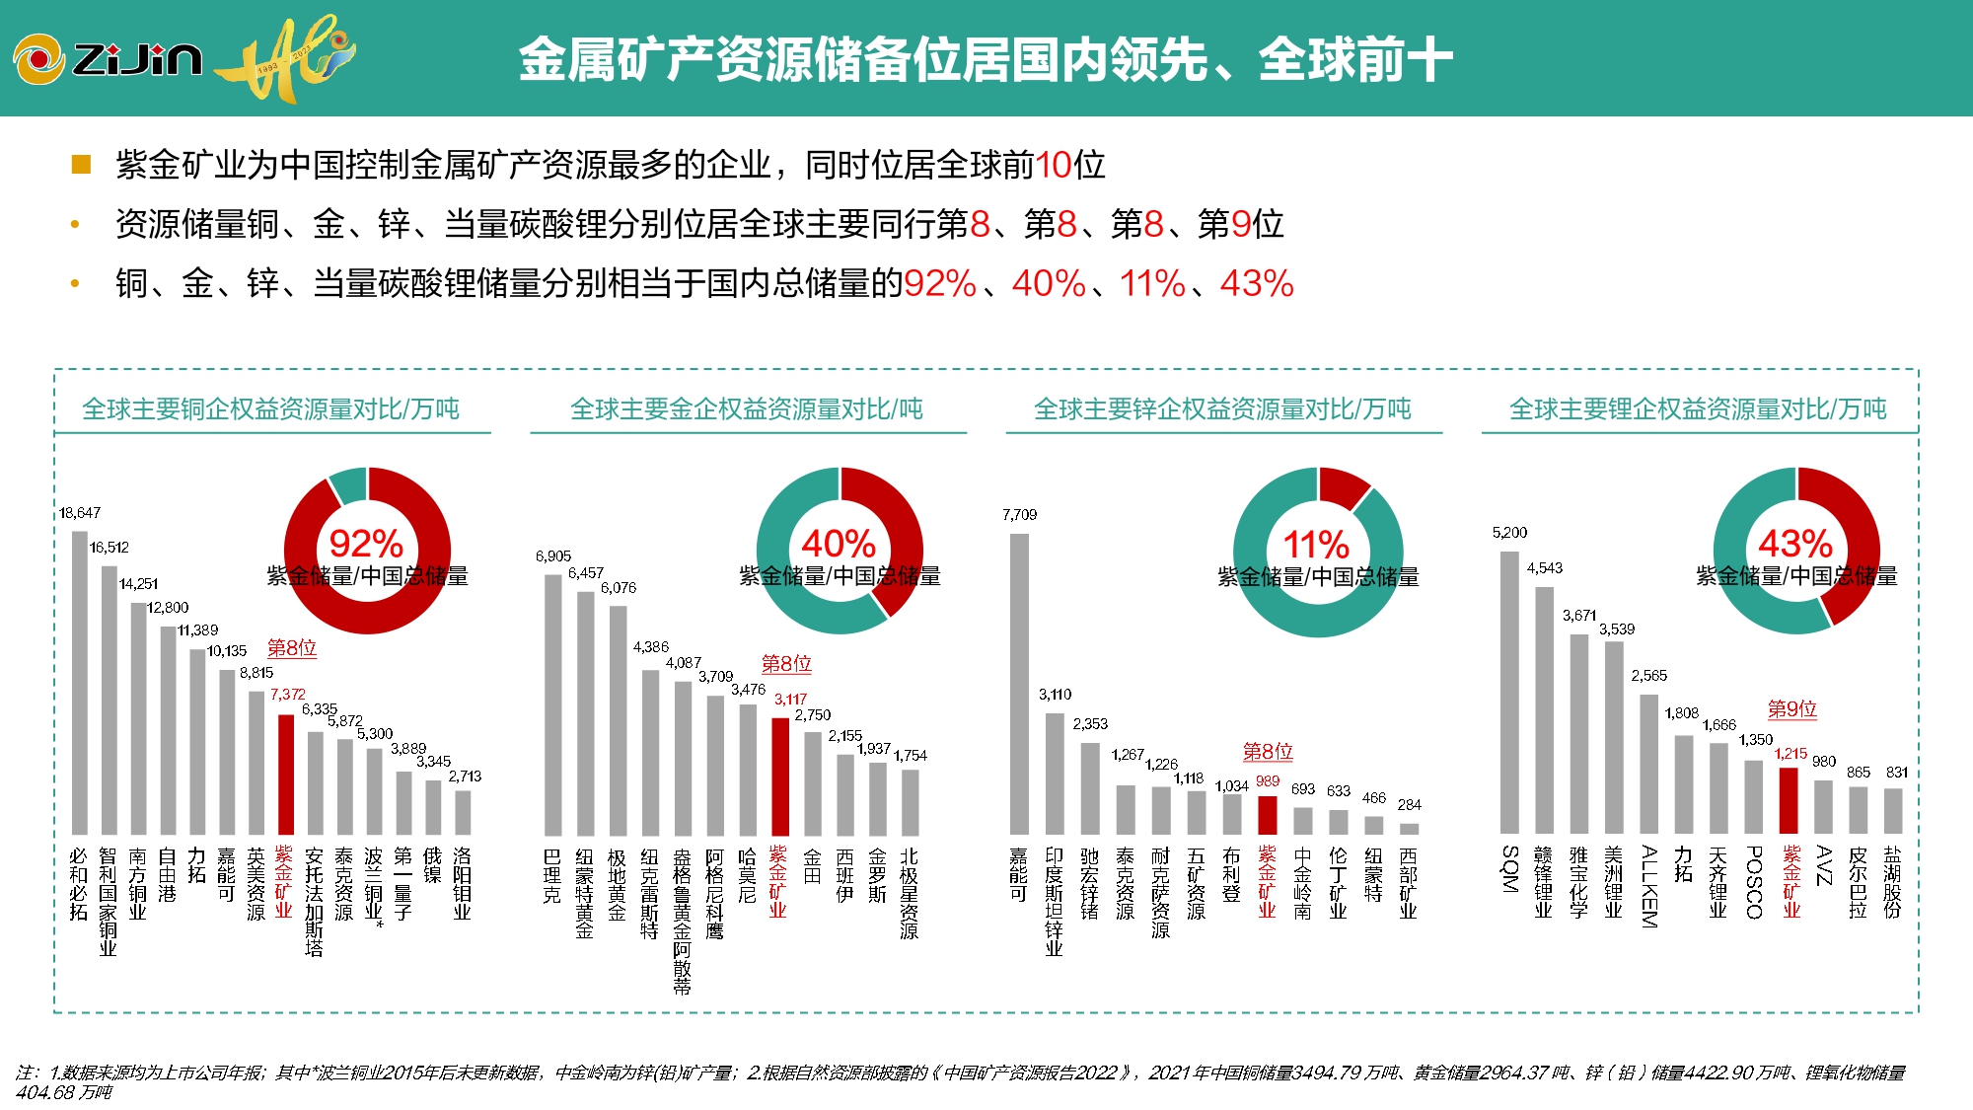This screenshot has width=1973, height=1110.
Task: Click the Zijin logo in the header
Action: [x=109, y=59]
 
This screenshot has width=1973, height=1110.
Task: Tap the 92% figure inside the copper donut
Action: [x=365, y=544]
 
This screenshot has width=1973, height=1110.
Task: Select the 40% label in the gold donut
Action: [x=838, y=544]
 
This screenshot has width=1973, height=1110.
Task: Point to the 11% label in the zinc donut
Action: [x=1315, y=545]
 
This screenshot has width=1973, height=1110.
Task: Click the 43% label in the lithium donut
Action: [x=1794, y=544]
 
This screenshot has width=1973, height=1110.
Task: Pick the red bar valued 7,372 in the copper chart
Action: [x=286, y=775]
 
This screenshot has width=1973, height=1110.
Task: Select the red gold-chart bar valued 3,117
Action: [x=779, y=777]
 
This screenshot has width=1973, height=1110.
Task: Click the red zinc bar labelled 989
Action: [x=1268, y=815]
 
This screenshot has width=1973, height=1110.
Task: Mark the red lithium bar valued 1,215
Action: [x=1789, y=800]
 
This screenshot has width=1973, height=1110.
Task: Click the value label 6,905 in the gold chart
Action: [x=553, y=556]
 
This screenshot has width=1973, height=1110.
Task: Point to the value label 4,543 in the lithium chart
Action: [x=1545, y=568]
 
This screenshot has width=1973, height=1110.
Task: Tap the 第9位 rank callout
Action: [x=1791, y=708]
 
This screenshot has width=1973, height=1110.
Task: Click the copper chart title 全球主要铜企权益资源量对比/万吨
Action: [x=270, y=408]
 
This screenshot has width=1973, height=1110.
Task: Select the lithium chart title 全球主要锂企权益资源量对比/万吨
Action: [x=1698, y=408]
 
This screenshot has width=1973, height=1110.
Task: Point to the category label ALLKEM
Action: [x=1648, y=885]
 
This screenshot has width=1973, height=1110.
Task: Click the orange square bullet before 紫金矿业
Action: [x=81, y=164]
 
